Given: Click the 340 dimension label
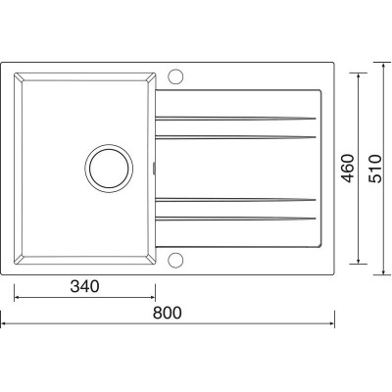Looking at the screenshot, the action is click(84, 286).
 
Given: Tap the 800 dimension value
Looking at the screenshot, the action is click(167, 313).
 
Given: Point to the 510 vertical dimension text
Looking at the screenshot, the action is click(374, 169).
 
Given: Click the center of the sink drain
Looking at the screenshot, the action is click(109, 169).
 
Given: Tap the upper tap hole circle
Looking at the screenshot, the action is click(175, 76).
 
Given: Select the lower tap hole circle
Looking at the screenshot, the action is click(175, 261).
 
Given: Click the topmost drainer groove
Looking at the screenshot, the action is click(235, 119).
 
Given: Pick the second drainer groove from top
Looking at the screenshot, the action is click(235, 137).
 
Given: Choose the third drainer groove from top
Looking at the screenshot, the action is click(235, 200).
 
